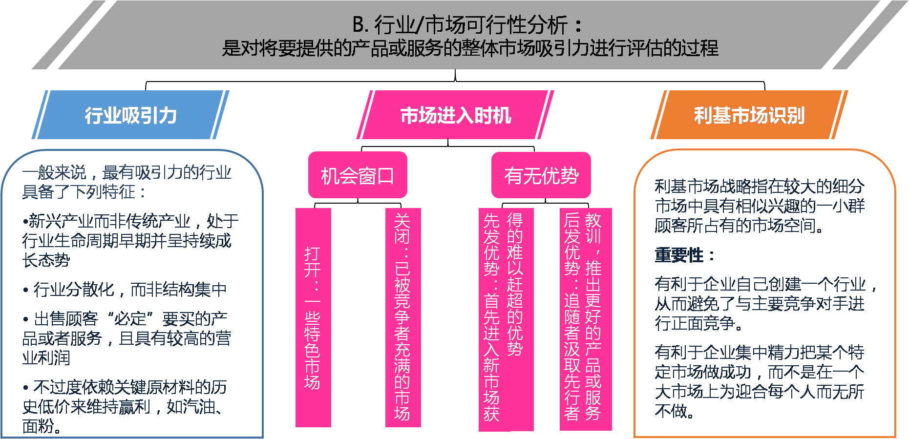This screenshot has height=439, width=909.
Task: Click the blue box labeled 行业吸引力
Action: (x=130, y=115)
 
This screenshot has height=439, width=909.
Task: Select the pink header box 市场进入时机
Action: (x=455, y=115)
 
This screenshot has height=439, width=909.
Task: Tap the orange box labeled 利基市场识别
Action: (x=749, y=115)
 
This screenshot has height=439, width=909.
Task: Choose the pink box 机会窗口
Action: (x=358, y=175)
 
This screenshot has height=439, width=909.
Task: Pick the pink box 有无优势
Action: (x=541, y=175)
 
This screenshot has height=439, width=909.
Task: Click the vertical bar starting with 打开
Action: (x=313, y=317)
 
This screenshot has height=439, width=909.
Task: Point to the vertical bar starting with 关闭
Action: (x=402, y=317)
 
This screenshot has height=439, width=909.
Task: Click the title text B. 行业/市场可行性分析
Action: (x=466, y=24)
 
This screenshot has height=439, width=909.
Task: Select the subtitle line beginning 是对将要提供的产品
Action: (x=470, y=48)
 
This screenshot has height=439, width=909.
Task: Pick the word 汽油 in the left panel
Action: (x=190, y=407)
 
